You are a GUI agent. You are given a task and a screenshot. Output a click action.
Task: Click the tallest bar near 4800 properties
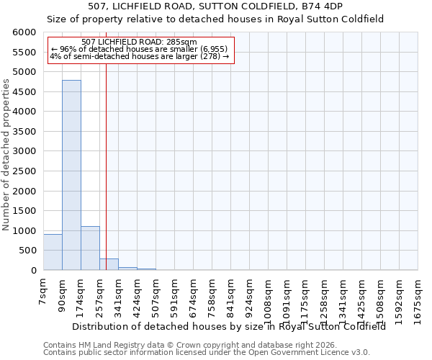pyautogui.click(x=71, y=175)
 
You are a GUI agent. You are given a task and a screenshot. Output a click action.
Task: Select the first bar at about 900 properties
pyautogui.click(x=53, y=252)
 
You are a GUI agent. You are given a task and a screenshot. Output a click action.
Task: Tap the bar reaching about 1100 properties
pyautogui.click(x=90, y=248)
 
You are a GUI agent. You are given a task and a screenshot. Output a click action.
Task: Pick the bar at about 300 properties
pyautogui.click(x=109, y=264)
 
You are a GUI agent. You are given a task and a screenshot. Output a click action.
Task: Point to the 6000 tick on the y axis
pyautogui.click(x=25, y=32)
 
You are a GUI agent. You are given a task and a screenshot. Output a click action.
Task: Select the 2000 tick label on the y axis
pyautogui.click(x=25, y=191)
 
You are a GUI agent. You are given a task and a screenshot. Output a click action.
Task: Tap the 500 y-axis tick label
pyautogui.click(x=28, y=251)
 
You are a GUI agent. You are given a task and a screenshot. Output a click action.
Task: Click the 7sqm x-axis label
pyautogui.click(x=43, y=291)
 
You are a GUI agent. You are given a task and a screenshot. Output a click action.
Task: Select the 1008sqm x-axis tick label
pyautogui.click(x=268, y=296)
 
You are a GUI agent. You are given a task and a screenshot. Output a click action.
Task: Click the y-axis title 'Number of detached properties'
pyautogui.click(x=6, y=152)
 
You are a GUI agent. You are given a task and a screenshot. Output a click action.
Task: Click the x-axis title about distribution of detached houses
pyautogui.click(x=229, y=326)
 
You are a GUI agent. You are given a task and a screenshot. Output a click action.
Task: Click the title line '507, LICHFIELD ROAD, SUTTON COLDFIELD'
pyautogui.click(x=215, y=6)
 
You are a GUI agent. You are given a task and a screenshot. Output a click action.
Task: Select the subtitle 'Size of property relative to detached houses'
pyautogui.click(x=215, y=19)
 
